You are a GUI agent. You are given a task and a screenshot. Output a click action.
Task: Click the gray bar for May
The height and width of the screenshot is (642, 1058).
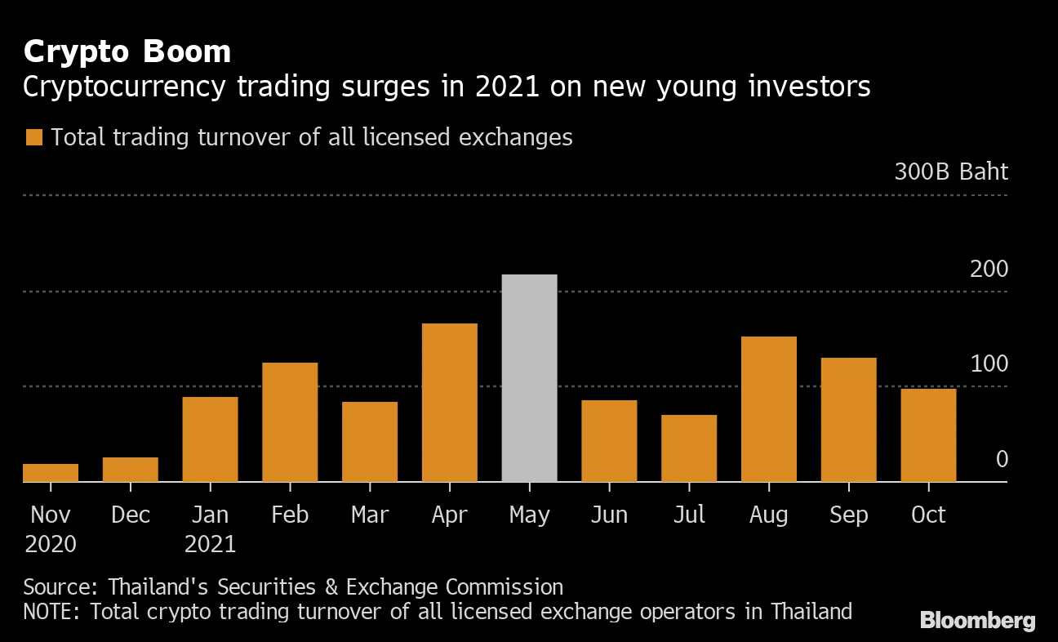click(529, 378)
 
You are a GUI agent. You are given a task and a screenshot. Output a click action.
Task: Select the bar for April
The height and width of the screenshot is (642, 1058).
click(450, 403)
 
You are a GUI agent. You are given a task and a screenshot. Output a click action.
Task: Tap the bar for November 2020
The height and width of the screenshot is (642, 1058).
click(51, 473)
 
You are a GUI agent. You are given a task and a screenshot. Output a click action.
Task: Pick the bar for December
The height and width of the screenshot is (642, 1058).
click(131, 470)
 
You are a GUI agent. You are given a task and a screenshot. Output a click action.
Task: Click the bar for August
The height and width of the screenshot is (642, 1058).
click(769, 409)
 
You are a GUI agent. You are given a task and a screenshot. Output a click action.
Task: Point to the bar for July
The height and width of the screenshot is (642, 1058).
click(689, 448)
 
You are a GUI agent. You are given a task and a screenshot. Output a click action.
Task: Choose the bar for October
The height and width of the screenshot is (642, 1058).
click(928, 435)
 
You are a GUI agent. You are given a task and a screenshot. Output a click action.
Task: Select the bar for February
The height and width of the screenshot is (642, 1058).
click(290, 422)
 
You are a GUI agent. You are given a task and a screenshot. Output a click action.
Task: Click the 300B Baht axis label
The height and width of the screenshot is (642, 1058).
click(951, 172)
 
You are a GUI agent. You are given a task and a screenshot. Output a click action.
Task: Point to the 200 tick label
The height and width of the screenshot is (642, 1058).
click(989, 269)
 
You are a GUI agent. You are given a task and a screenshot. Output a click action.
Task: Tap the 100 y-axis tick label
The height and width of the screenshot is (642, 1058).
click(989, 364)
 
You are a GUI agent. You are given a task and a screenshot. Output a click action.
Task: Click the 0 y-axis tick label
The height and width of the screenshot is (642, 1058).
click(1002, 460)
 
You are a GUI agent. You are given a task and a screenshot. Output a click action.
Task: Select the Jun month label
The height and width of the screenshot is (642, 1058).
click(609, 515)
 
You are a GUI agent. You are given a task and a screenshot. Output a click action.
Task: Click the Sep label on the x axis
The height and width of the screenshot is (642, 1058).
click(849, 515)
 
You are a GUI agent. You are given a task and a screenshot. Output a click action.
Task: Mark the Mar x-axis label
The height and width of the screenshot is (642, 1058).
click(370, 515)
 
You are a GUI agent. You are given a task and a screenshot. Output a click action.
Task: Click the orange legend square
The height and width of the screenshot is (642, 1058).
click(33, 137)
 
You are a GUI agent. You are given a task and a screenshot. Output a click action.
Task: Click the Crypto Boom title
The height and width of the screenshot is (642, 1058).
click(127, 52)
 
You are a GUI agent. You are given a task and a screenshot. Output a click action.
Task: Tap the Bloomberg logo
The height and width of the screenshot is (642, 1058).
click(977, 621)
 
